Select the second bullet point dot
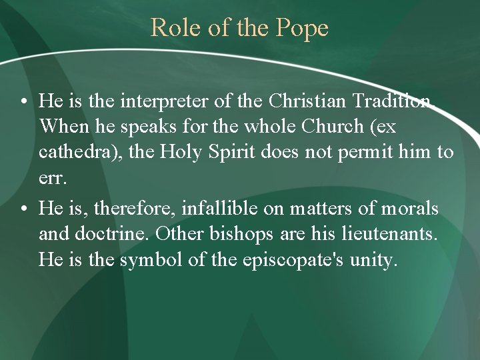(23, 209)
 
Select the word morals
(409, 209)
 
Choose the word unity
(373, 259)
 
